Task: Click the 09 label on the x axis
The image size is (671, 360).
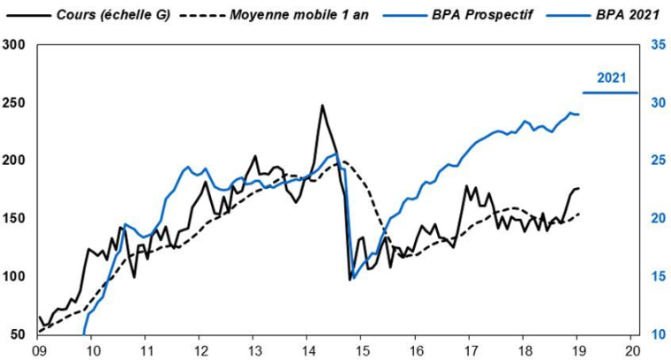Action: tap(39, 349)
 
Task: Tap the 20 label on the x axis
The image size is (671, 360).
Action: tap(632, 349)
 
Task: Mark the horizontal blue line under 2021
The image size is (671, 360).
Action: tap(609, 93)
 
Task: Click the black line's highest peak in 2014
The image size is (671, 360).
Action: tap(322, 106)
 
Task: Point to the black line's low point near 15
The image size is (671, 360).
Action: tap(351, 279)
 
